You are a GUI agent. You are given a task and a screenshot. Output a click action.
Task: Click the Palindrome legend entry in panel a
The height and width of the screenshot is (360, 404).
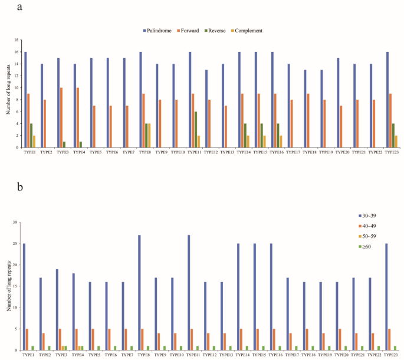(x=160, y=30)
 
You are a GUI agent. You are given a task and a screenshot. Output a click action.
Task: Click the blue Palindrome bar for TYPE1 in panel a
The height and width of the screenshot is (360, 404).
(x=25, y=100)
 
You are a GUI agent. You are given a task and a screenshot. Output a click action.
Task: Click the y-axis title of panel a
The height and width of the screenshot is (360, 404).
(x=7, y=94)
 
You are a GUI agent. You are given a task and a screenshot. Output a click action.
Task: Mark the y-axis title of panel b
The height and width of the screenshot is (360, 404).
(x=7, y=286)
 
